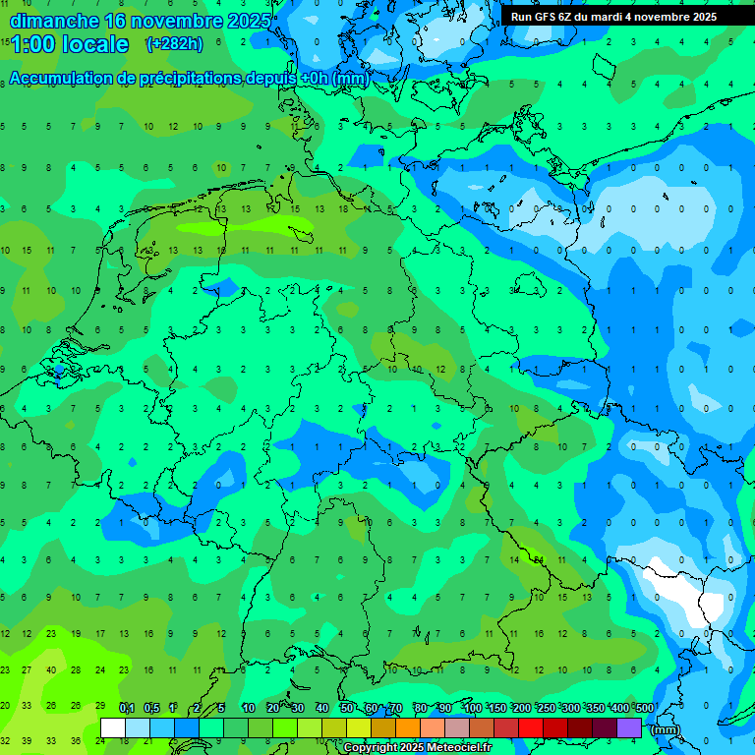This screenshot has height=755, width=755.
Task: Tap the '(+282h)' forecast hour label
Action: [175, 43]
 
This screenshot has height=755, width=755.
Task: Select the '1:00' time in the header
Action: [32, 44]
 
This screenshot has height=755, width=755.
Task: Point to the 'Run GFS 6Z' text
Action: [544, 17]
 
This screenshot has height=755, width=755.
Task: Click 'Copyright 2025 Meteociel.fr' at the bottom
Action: [417, 748]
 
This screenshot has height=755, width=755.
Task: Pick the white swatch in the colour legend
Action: [113, 727]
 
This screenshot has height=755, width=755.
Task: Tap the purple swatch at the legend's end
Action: [629, 727]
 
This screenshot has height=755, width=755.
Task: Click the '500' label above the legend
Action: [644, 708]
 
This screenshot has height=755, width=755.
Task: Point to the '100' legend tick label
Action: [472, 708]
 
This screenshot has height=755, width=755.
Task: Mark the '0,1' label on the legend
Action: [127, 708]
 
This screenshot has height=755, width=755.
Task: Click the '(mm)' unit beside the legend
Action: [666, 729]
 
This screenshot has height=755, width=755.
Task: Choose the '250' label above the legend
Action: [546, 708]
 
